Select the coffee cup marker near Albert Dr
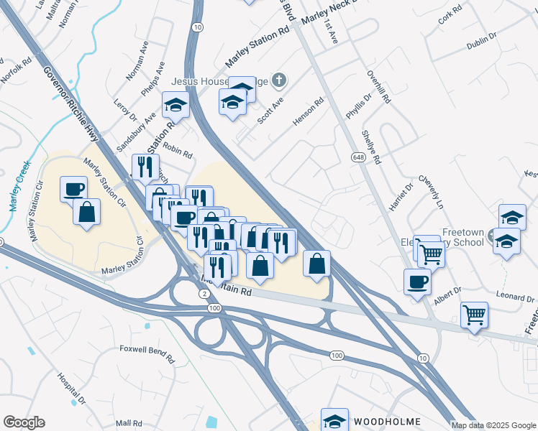(417, 281)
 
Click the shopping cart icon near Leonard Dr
(474, 314)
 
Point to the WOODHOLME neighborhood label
(385, 420)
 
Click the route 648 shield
(357, 157)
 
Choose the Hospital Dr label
(71, 388)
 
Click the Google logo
(24, 422)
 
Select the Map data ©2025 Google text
(493, 425)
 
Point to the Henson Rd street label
(309, 113)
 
